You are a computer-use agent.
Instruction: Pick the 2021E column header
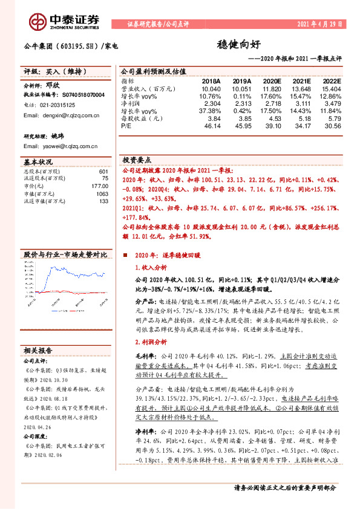(x=300, y=80)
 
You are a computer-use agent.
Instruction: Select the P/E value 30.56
(x=332, y=125)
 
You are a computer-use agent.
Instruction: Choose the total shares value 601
(x=103, y=172)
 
